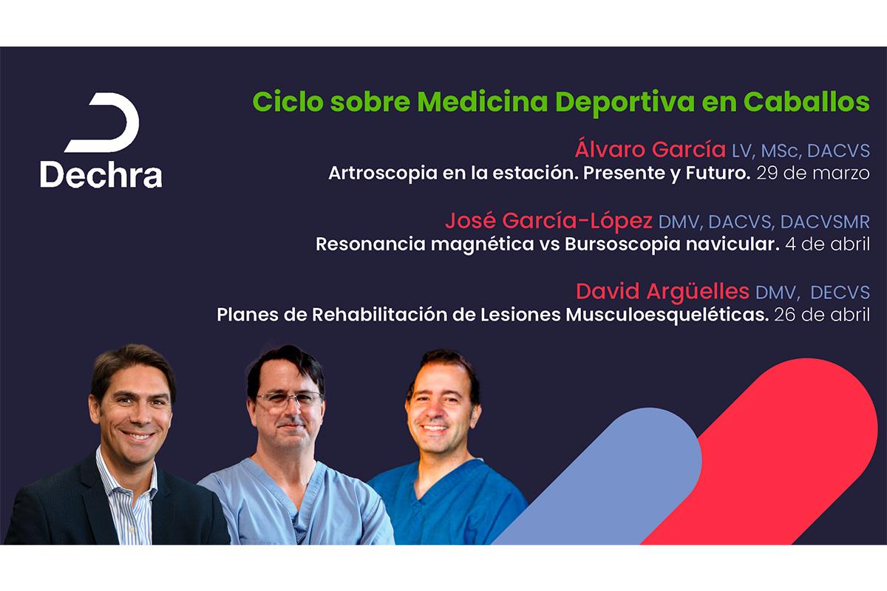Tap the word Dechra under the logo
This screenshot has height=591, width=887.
pos(101,174)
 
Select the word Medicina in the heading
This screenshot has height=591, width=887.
pos(482,102)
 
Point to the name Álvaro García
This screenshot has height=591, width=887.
pos(650,149)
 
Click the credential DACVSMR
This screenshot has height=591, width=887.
pos(825,222)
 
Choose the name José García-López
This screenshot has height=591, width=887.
pos(548,221)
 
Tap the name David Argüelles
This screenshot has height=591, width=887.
pos(662,292)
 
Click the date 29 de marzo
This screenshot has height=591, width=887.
pos(813,174)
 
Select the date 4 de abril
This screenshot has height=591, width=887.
pos(828,245)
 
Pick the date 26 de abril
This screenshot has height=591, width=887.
pos(822,315)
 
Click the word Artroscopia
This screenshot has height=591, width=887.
pos(383,174)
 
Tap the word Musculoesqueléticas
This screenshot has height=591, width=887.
pos(667,315)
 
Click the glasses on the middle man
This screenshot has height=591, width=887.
pos(290,400)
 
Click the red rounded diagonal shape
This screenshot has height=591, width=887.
pos(760,451)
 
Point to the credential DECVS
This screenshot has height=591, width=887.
pos(840,293)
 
